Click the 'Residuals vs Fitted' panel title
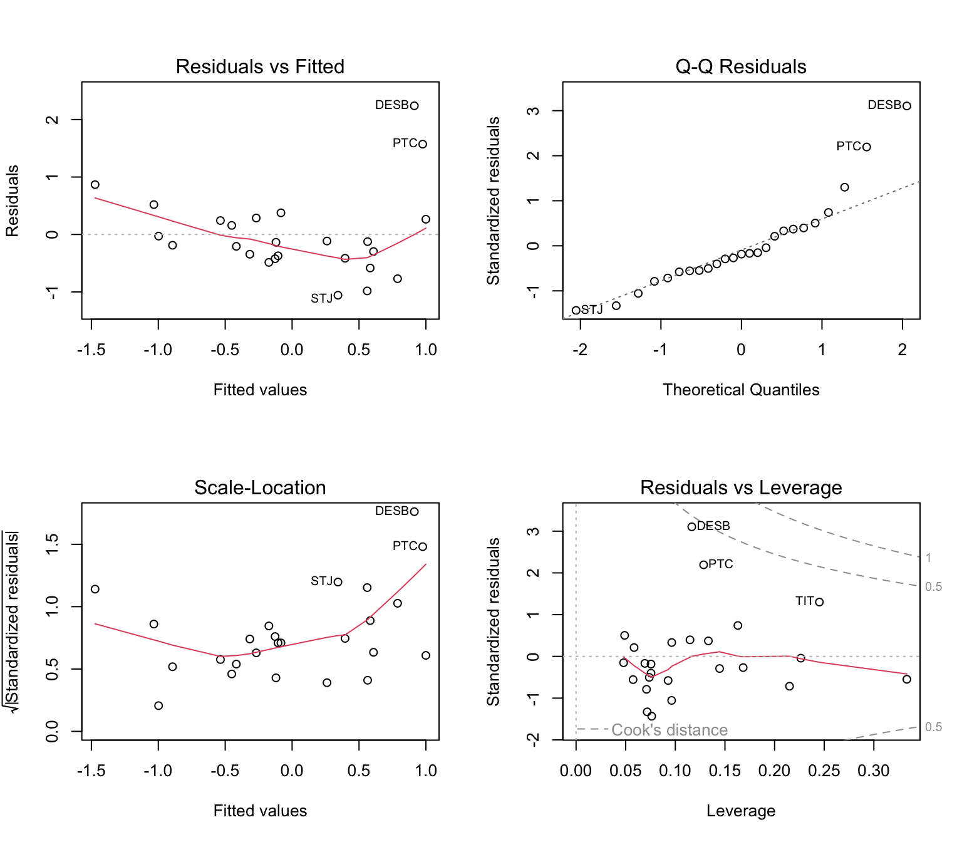point(260,66)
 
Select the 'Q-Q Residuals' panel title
point(741,66)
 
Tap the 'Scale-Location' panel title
point(260,487)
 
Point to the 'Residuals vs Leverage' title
point(741,487)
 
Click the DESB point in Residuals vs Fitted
point(414,105)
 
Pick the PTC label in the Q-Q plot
point(849,146)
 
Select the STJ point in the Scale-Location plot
point(338,581)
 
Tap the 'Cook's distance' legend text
point(669,730)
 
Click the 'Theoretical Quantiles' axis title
point(741,390)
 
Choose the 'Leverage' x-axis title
point(741,811)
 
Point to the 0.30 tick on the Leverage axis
point(874,771)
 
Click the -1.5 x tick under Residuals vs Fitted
point(91,350)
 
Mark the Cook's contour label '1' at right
point(929,558)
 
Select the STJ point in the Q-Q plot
point(576,310)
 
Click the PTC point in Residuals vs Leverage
point(703,564)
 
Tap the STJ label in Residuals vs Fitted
point(321,298)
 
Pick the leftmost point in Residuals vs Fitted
point(95,184)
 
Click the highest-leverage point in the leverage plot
point(907,679)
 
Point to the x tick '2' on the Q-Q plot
point(903,350)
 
